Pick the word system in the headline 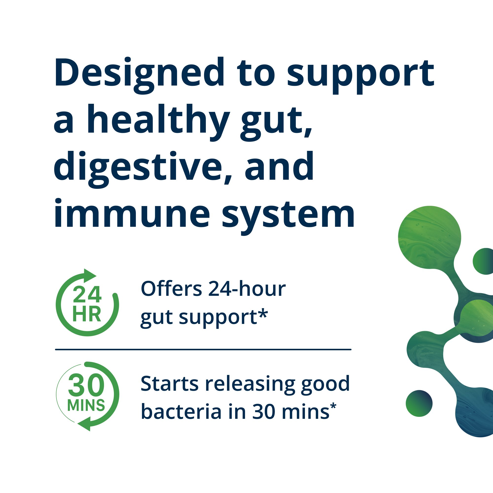click(288, 216)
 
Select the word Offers click(171, 289)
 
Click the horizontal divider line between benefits click(203, 350)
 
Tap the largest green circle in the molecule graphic click(429, 237)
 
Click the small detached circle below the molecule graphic click(419, 404)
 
